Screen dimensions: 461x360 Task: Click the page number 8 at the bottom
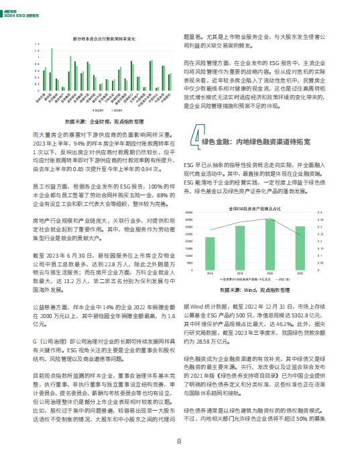pyautogui.click(x=179, y=441)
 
